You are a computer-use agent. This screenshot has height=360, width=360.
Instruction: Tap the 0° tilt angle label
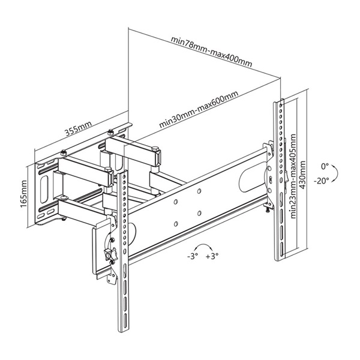[325, 165]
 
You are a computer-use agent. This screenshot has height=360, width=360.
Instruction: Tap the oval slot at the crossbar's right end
[252, 175]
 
